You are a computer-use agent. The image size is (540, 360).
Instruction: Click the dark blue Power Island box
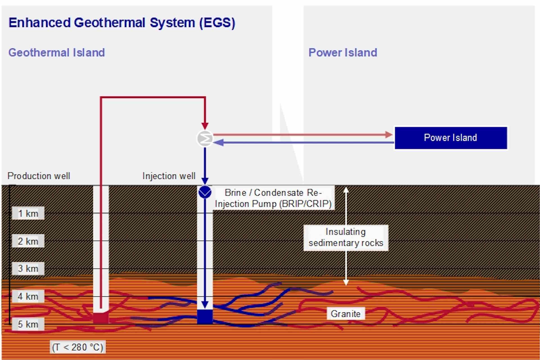tap(451, 138)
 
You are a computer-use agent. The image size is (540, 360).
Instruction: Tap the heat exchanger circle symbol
tap(205, 138)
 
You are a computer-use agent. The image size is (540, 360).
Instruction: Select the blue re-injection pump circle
tap(205, 192)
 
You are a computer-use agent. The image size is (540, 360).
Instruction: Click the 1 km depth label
tap(28, 213)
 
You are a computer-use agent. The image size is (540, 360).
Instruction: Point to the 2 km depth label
tap(28, 241)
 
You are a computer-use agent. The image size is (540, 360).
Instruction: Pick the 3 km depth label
tap(28, 269)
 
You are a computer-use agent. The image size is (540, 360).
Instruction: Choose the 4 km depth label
tap(28, 296)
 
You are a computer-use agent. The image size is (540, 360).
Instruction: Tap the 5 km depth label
tap(28, 324)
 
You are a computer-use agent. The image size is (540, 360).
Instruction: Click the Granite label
tap(345, 314)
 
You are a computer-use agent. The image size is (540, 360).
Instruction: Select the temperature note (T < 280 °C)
tap(78, 347)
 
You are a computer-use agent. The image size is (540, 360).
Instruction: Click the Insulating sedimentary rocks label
tap(346, 237)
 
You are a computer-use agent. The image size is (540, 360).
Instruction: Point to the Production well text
tap(39, 176)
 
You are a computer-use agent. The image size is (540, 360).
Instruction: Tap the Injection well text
tap(169, 176)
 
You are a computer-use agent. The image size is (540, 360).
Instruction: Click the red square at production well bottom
tap(100, 318)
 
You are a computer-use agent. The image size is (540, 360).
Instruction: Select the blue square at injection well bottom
tap(204, 316)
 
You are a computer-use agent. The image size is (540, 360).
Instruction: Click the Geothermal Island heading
tap(57, 53)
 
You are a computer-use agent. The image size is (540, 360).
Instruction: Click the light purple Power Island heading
tap(343, 53)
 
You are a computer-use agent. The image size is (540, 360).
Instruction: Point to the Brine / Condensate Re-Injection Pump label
tap(273, 198)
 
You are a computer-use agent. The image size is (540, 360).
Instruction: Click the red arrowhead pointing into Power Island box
tap(389, 135)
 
